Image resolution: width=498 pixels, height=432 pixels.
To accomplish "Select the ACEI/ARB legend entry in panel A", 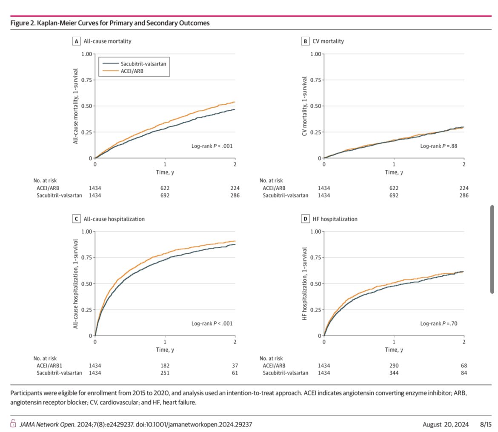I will click(x=132, y=71).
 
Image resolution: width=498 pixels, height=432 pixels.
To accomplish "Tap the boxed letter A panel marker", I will click(x=76, y=41).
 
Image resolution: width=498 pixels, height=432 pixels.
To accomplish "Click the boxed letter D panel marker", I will click(x=305, y=219).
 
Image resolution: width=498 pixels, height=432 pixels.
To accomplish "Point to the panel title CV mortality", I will click(x=328, y=41).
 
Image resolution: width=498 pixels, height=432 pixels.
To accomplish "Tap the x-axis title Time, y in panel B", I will click(x=394, y=172).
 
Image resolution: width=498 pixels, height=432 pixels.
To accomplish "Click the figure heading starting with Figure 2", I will click(x=110, y=23).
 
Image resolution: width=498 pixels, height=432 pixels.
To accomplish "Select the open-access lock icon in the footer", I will click(x=13, y=424).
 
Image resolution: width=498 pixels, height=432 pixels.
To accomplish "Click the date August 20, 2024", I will click(x=445, y=424).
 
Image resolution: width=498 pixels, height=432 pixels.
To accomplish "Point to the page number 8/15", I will click(x=486, y=424).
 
